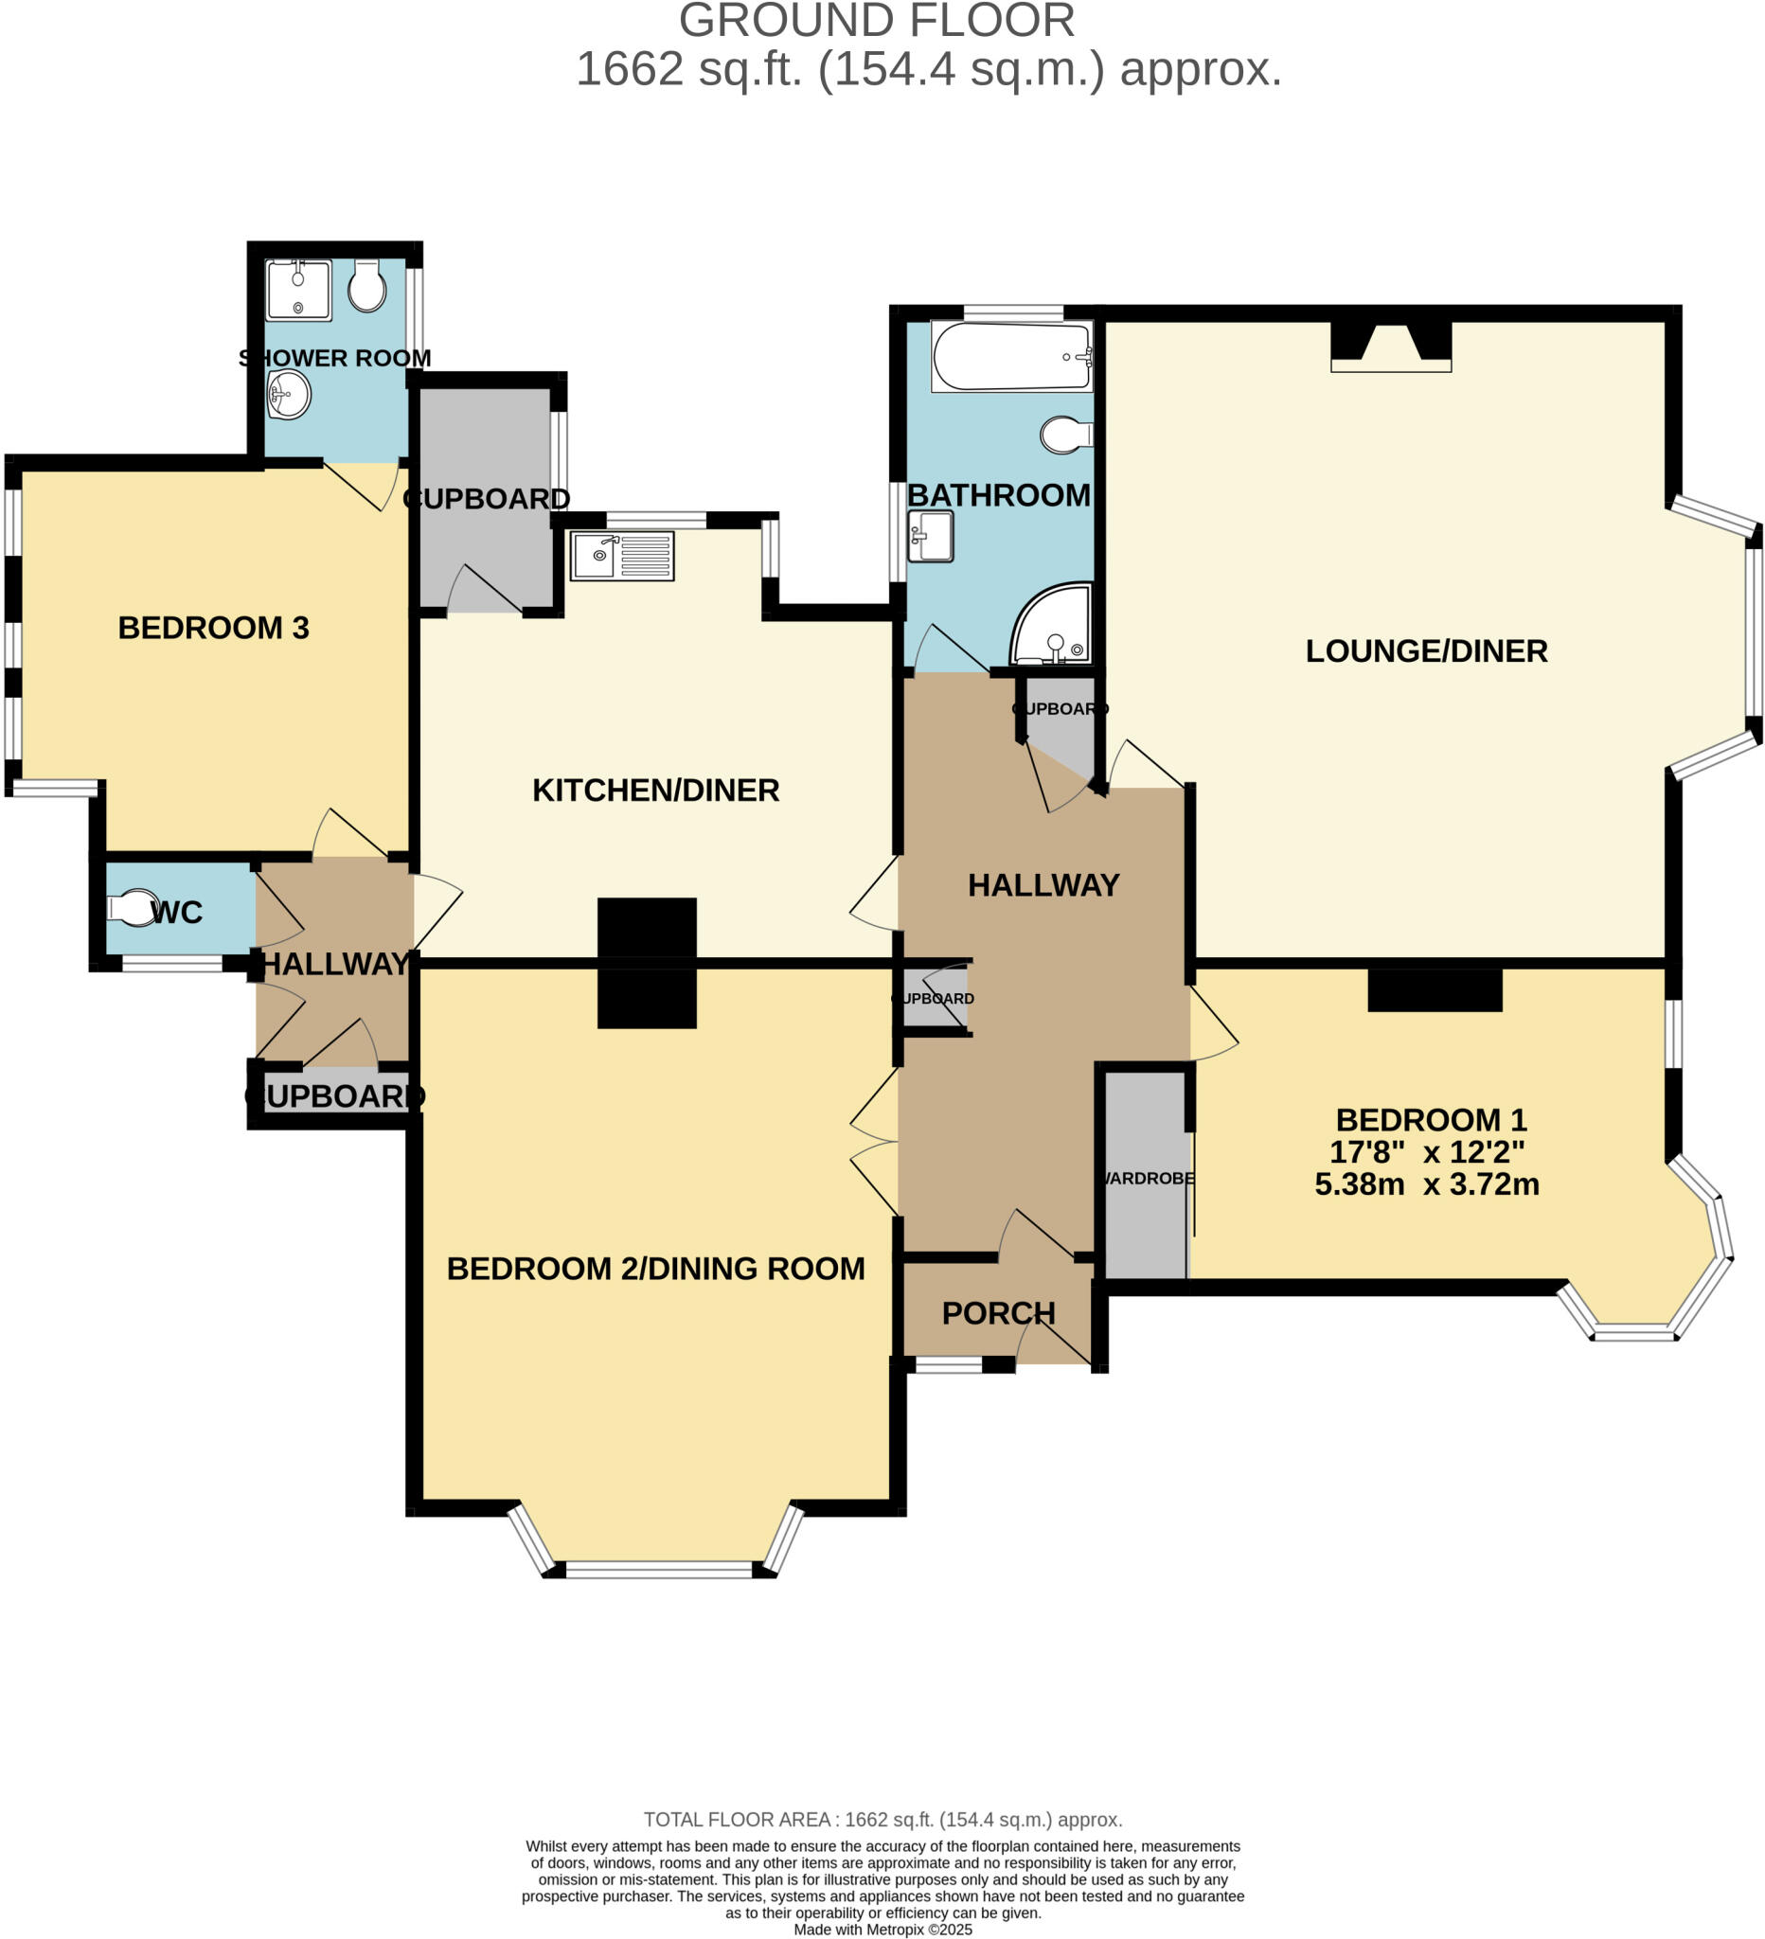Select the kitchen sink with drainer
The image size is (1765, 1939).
pyautogui.click(x=621, y=556)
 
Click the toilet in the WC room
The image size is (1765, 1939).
pyautogui.click(x=133, y=907)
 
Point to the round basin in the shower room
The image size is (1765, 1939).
pyautogui.click(x=289, y=396)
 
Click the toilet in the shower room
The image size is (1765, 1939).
pyautogui.click(x=366, y=285)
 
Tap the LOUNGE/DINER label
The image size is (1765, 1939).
pyautogui.click(x=1425, y=651)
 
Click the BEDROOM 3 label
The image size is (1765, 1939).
pyautogui.click(x=214, y=628)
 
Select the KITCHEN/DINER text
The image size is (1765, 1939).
pyautogui.click(x=655, y=791)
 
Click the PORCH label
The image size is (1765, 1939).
pyautogui.click(x=997, y=1313)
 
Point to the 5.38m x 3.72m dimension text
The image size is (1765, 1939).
pyautogui.click(x=1426, y=1184)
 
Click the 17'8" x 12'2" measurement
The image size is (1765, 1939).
pyautogui.click(x=1426, y=1152)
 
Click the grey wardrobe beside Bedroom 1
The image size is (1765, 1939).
pyautogui.click(x=1145, y=1175)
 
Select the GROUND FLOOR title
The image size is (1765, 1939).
pyautogui.click(x=876, y=21)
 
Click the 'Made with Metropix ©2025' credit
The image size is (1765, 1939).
pyautogui.click(x=882, y=1930)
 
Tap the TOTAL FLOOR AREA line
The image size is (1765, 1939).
pyautogui.click(x=882, y=1820)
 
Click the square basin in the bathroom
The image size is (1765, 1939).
pyautogui.click(x=930, y=536)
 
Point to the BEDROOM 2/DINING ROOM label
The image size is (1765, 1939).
pyautogui.click(x=655, y=1269)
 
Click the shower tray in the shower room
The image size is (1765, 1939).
pyautogui.click(x=298, y=290)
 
